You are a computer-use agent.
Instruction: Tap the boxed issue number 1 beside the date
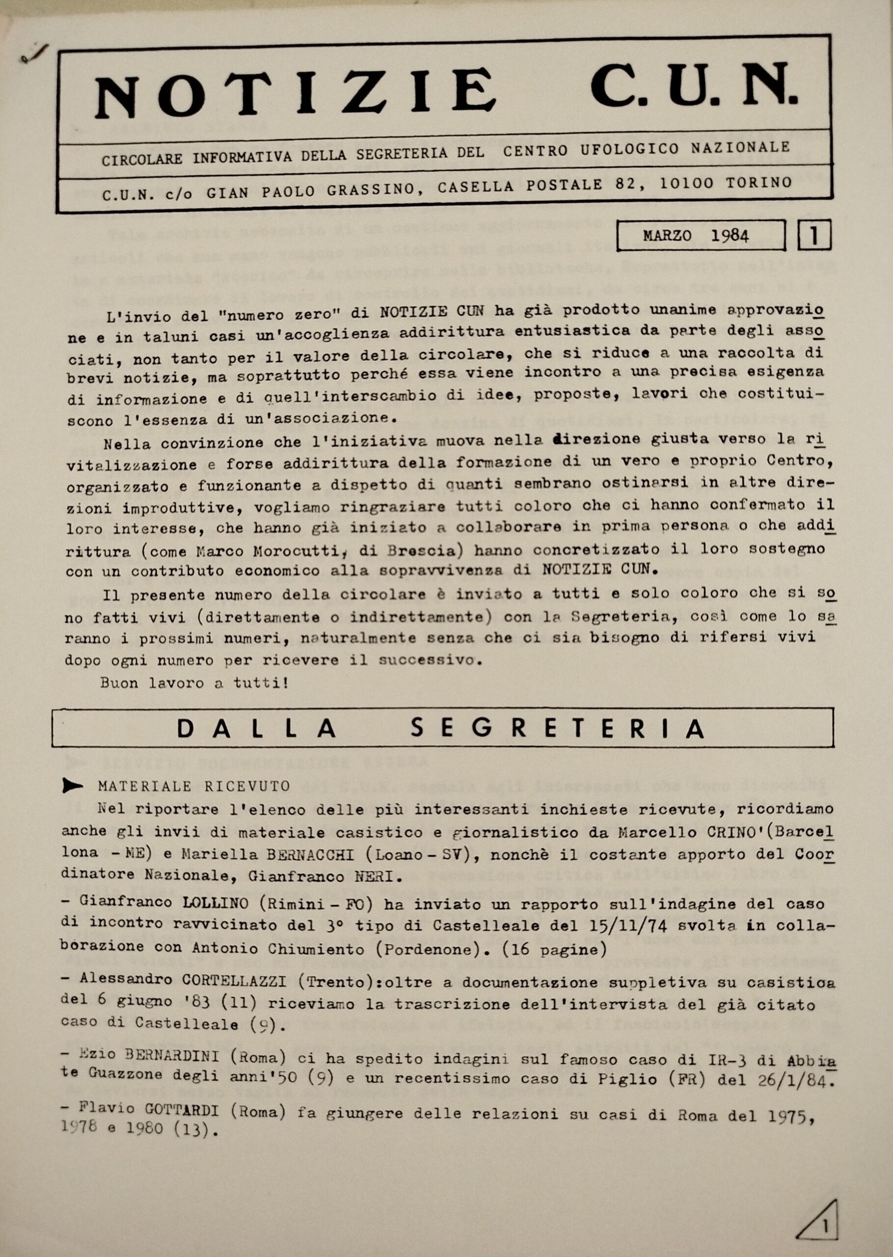click(x=814, y=235)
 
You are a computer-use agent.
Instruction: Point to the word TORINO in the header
click(x=758, y=182)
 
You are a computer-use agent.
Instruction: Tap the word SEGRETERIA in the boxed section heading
click(x=558, y=729)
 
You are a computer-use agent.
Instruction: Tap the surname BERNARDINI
click(x=173, y=1057)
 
